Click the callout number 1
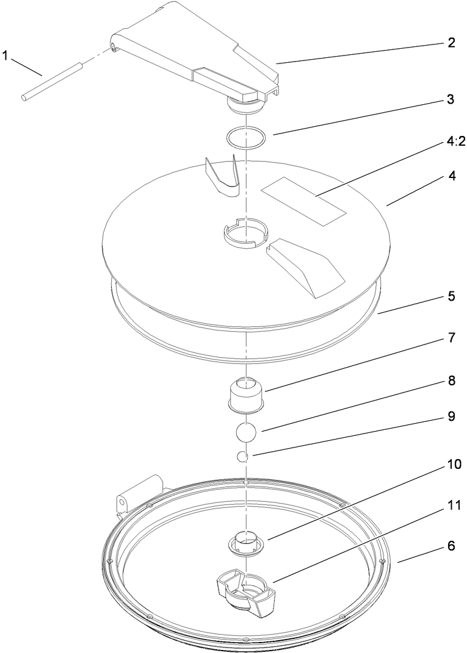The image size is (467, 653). [x=5, y=55]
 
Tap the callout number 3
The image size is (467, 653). [x=451, y=99]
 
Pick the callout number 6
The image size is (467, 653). [x=451, y=546]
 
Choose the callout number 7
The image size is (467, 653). [x=451, y=338]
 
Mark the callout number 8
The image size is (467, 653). [x=451, y=380]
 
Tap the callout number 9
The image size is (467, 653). [x=451, y=418]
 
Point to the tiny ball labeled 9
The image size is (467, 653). [x=242, y=455]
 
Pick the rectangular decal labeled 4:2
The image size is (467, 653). [x=303, y=201]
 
